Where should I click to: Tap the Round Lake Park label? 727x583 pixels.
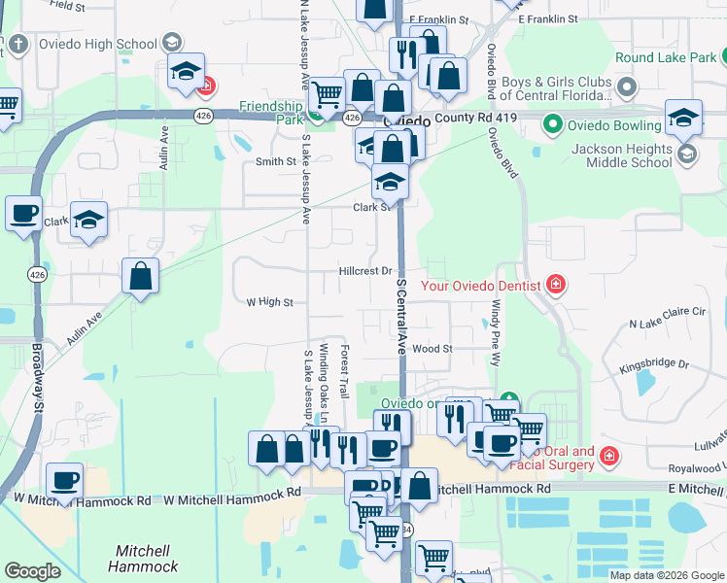pos(665,58)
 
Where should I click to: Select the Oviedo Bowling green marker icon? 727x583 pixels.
pos(553,123)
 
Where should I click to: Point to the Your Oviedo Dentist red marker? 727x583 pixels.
pos(556,285)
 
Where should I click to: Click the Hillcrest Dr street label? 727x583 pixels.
pos(365,271)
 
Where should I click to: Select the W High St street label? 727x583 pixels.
pos(269,302)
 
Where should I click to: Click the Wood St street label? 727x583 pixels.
pos(433,348)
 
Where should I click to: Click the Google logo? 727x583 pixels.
pos(33,571)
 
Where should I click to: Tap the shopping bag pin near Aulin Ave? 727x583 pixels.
pos(141,276)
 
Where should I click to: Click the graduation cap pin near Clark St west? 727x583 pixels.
pos(88,220)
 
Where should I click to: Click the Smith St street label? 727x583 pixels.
pos(275,161)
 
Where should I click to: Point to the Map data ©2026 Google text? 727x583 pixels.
pos(666,575)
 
